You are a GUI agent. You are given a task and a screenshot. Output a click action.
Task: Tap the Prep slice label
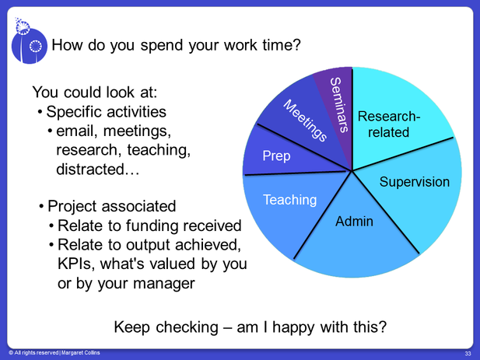(x=276, y=156)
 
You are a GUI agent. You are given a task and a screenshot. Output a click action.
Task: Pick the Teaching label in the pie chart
(x=290, y=200)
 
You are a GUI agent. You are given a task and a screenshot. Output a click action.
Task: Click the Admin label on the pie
(x=354, y=221)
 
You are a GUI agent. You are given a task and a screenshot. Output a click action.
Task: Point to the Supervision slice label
(x=415, y=182)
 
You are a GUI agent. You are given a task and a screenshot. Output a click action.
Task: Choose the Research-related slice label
(x=389, y=124)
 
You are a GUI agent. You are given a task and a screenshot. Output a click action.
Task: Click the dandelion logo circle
(x=30, y=46)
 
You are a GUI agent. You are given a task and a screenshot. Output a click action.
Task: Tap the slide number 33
(x=468, y=354)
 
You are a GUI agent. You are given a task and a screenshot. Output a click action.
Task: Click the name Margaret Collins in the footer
(x=80, y=353)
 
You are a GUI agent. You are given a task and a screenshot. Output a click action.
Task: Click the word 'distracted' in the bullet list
(x=90, y=170)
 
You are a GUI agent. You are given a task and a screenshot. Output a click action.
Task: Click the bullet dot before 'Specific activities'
(x=40, y=112)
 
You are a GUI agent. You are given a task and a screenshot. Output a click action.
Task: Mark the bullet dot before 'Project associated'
(x=42, y=207)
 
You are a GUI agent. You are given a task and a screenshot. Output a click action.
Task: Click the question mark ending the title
(x=296, y=45)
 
